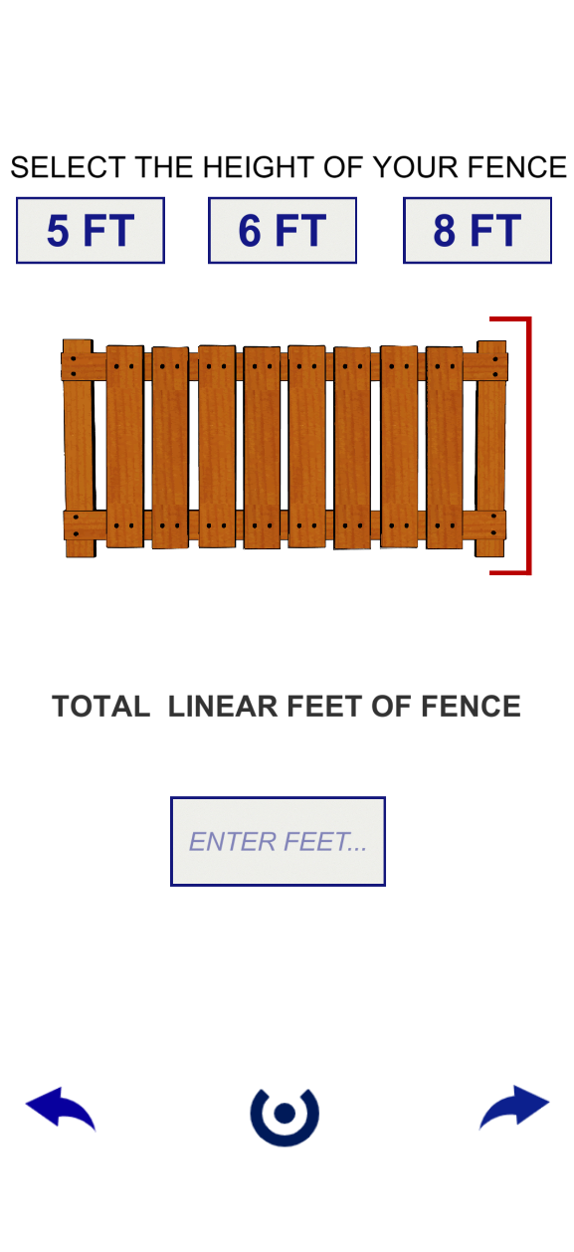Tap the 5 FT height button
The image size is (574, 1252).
tap(90, 230)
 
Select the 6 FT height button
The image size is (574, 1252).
tap(283, 230)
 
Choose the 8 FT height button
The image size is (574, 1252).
tap(478, 230)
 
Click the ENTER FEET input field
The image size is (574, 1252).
tap(278, 841)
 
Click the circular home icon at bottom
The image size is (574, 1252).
tap(285, 1117)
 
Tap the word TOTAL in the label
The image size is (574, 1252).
tap(100, 706)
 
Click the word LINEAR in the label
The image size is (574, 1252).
tap(223, 706)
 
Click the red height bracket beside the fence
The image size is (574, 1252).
tap(528, 446)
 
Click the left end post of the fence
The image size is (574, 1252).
tap(79, 448)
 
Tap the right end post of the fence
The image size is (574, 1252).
tap(490, 449)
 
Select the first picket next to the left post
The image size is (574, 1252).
tap(125, 446)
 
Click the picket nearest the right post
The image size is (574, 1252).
tap(445, 448)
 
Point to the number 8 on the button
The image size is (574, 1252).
tap(445, 230)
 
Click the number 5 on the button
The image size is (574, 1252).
tap(58, 230)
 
